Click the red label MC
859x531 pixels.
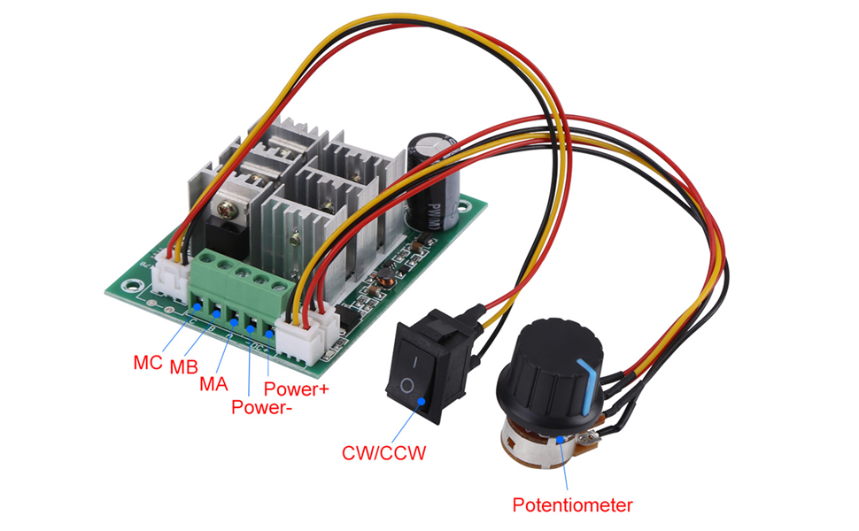[x=147, y=362]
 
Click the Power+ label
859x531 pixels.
[x=297, y=389]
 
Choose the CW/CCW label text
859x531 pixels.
[x=384, y=454]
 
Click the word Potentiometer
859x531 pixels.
[x=573, y=506]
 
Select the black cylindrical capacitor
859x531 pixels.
[x=430, y=182]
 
